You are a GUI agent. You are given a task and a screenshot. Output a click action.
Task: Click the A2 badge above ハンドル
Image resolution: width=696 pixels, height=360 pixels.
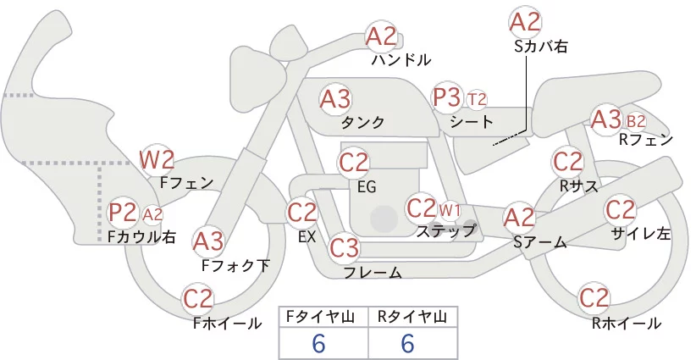pyautogui.click(x=381, y=36)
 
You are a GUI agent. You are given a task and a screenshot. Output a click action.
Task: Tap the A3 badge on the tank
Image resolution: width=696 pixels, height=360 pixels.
pyautogui.click(x=335, y=99)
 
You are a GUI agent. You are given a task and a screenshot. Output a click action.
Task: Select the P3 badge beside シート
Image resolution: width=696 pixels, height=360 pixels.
pyautogui.click(x=447, y=97)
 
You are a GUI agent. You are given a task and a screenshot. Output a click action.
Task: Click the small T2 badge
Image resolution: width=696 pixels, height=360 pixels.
pyautogui.click(x=477, y=99)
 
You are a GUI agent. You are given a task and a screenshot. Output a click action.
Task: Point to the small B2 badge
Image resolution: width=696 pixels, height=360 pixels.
pyautogui.click(x=636, y=121)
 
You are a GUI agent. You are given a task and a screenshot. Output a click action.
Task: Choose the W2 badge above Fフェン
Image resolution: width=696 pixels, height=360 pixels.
pyautogui.click(x=157, y=160)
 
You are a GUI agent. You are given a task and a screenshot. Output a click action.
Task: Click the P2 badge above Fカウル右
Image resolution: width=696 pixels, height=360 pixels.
pyautogui.click(x=123, y=213)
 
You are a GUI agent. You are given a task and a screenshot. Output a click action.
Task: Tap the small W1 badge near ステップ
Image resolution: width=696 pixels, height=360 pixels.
pyautogui.click(x=450, y=210)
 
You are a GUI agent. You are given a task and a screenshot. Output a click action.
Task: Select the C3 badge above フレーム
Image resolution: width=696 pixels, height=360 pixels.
pyautogui.click(x=344, y=247)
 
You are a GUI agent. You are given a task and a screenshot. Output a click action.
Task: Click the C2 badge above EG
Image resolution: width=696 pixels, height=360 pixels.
pyautogui.click(x=354, y=163)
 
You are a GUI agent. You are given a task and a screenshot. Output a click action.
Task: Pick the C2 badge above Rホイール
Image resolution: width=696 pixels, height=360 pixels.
pyautogui.click(x=594, y=298)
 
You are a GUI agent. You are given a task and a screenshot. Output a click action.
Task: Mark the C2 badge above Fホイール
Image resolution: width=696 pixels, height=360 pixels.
pyautogui.click(x=198, y=299)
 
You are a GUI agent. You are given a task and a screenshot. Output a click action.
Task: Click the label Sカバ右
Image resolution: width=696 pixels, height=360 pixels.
pyautogui.click(x=541, y=47)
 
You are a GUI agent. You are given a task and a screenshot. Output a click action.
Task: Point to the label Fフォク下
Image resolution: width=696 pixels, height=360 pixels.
pyautogui.click(x=235, y=265)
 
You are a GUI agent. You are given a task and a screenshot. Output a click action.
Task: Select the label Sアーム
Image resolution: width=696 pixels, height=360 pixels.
pyautogui.click(x=540, y=242)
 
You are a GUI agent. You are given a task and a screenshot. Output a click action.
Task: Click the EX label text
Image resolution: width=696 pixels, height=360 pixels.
pyautogui.click(x=307, y=237)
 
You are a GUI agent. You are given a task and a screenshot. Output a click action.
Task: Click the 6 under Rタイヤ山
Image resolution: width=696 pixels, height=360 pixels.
pyautogui.click(x=407, y=343)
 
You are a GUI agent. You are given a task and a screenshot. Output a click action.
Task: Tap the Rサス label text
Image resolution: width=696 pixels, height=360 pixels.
pyautogui.click(x=578, y=186)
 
